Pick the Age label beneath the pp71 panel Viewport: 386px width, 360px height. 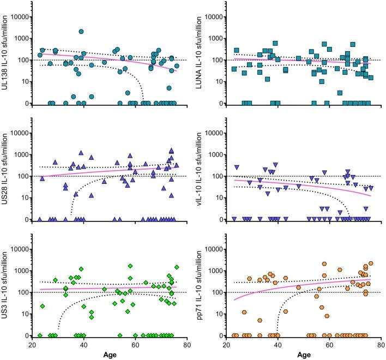pos(305,355)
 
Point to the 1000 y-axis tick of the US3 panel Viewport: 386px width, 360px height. pos(20,271)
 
